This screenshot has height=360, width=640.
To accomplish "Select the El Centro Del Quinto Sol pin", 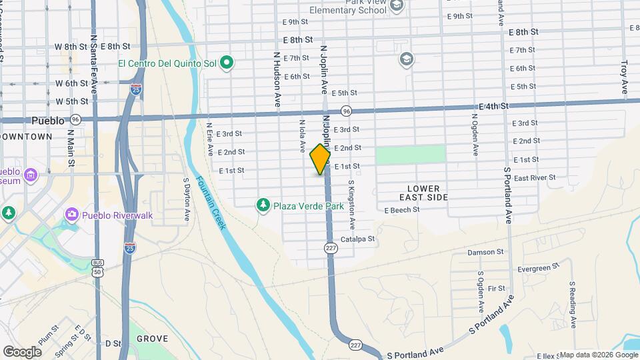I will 227,63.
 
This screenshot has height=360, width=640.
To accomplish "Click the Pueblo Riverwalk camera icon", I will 71,214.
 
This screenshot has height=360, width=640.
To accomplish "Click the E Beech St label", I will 402,209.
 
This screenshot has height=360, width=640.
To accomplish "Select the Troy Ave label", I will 625,77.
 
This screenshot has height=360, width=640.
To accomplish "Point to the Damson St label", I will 485,252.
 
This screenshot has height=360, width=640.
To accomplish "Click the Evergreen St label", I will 538,268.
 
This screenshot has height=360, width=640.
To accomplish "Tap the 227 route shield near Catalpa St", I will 330,248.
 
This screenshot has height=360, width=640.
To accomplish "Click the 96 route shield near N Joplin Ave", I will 346,111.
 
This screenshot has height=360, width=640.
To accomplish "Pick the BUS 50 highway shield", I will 98,267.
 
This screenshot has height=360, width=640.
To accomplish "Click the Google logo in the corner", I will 22,351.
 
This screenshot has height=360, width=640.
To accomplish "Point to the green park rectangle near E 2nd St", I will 410,154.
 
